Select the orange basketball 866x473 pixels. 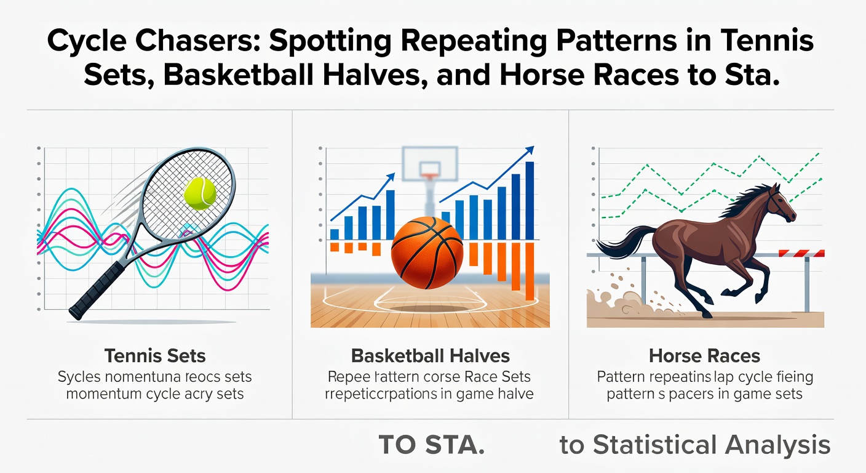pos(427,253)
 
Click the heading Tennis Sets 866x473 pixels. pos(155,355)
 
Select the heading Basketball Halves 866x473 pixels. pos(430,355)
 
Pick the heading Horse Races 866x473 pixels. pos(704,355)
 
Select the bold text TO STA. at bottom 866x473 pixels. pos(431,445)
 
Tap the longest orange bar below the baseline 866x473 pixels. pos(530,271)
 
